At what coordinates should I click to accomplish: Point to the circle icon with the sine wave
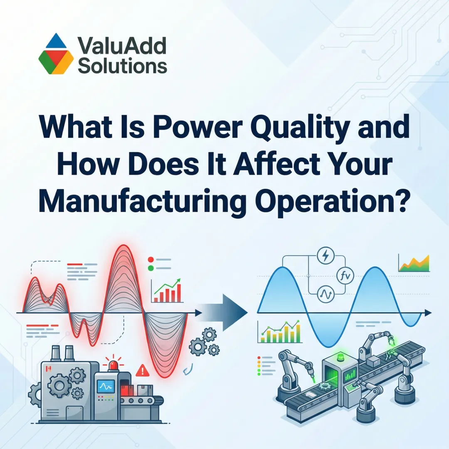[323, 295]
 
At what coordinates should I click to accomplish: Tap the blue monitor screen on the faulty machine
[102, 386]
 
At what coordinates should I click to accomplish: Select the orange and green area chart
[414, 263]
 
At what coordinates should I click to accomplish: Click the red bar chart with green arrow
[168, 291]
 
